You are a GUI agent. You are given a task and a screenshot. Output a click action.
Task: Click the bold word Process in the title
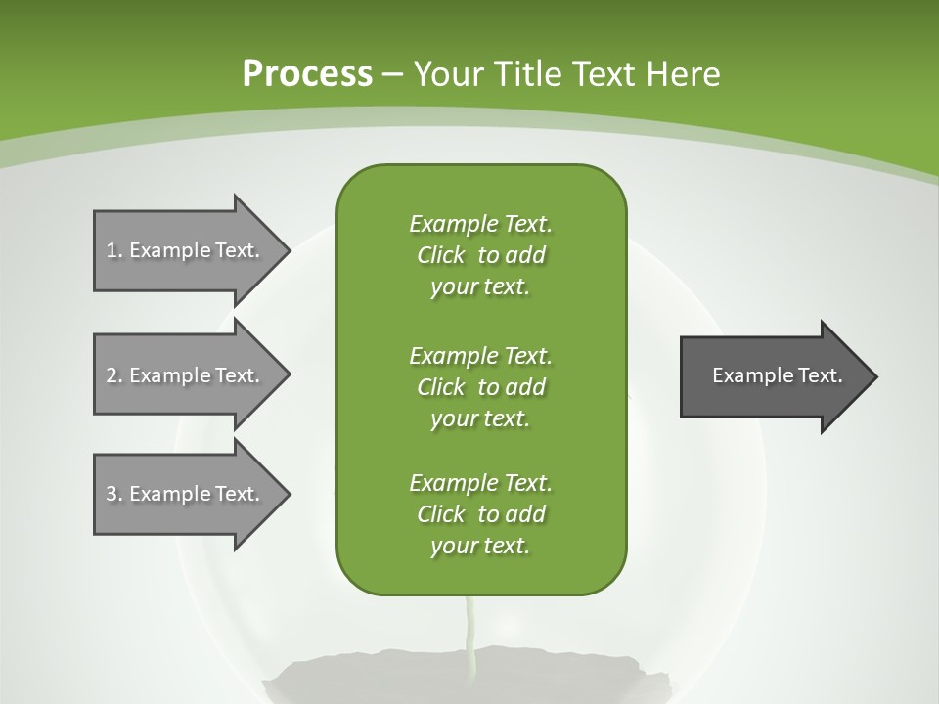[x=307, y=74]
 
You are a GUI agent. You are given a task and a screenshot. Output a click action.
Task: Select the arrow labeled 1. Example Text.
[x=186, y=250]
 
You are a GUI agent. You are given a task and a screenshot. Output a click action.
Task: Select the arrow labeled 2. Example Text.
[x=186, y=375]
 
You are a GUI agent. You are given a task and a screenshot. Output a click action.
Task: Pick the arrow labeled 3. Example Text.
[x=186, y=494]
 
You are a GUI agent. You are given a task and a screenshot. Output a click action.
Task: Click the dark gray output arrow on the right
[x=773, y=376]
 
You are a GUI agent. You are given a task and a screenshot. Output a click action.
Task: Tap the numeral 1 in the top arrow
[x=112, y=250]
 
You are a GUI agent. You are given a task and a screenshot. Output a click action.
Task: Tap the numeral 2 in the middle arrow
[x=112, y=375]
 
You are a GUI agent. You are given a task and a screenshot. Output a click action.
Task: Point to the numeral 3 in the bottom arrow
[x=112, y=494]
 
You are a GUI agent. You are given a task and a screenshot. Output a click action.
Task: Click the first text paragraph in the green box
[x=480, y=255]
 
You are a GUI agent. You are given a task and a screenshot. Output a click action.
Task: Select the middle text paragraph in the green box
[x=480, y=386]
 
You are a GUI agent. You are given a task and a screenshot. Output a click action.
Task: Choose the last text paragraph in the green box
[x=480, y=514]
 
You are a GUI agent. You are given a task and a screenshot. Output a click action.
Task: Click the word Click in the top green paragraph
[x=441, y=255]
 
